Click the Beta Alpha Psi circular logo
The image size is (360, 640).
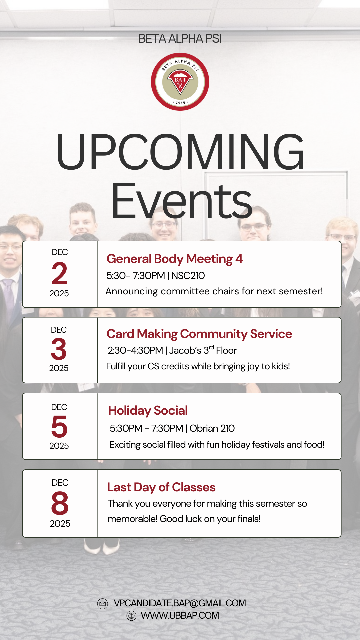(180, 82)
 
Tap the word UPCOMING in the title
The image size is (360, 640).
(180, 152)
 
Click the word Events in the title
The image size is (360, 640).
(182, 201)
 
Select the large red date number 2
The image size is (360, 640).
(60, 273)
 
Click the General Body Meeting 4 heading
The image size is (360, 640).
(175, 259)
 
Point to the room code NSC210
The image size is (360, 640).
(188, 276)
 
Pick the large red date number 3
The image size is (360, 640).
(59, 349)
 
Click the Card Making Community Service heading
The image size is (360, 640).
(199, 334)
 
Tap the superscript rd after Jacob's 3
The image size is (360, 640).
(211, 348)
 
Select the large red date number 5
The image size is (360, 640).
(59, 427)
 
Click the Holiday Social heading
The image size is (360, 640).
(148, 411)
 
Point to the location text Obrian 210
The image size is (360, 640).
(212, 428)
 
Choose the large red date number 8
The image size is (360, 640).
(60, 503)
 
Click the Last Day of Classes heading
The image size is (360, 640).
(161, 487)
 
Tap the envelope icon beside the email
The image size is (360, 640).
(103, 604)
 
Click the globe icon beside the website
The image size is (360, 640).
(132, 616)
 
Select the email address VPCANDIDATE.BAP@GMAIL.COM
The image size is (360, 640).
(180, 603)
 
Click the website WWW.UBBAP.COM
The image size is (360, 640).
(180, 616)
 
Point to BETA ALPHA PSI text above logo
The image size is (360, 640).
(180, 39)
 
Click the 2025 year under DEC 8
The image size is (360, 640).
(60, 524)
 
